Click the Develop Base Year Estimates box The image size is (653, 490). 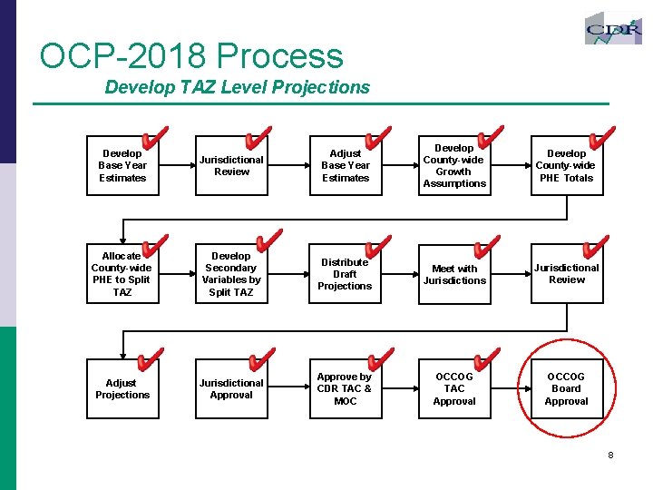(122, 166)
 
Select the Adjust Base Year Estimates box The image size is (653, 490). (346, 166)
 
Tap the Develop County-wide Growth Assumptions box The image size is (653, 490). (454, 166)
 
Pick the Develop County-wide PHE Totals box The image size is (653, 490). (566, 166)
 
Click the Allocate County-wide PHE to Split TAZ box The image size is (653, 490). (122, 274)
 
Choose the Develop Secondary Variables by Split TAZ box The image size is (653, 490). (231, 274)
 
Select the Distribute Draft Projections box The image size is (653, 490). (345, 274)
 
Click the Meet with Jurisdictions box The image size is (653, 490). (454, 274)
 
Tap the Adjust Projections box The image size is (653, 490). (122, 388)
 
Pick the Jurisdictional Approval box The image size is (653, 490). (231, 388)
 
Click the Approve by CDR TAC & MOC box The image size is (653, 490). (345, 388)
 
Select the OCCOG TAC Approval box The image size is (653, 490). (454, 388)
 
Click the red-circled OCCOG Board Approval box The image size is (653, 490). (566, 388)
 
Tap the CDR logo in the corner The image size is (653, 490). (613, 29)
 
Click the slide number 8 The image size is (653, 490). (610, 455)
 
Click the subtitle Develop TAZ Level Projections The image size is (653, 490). (238, 87)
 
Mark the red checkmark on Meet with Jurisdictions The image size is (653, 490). (486, 248)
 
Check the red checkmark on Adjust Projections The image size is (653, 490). (150, 361)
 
